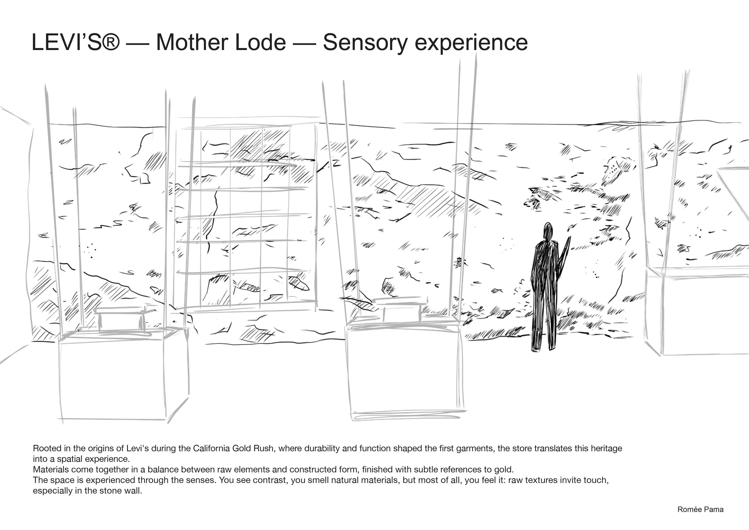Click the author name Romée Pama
pyautogui.click(x=700, y=509)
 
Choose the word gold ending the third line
pyautogui.click(x=504, y=470)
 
